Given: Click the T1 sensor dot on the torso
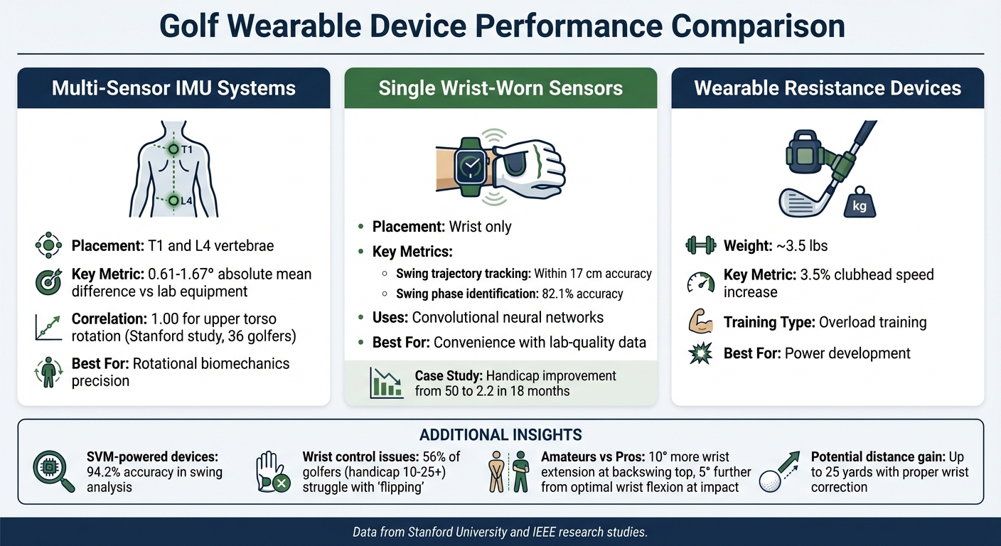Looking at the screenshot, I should coord(172,149).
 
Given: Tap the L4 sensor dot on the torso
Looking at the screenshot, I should coord(172,200).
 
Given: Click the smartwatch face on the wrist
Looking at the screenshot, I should coord(469,165).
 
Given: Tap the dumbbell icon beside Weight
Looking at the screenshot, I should coord(700,246).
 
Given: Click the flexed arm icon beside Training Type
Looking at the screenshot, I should coord(700,322).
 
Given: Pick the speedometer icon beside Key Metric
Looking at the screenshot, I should coord(700,283).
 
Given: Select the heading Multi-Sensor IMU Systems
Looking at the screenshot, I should coord(173,88).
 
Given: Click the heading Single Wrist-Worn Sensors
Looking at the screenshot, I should coord(500,88).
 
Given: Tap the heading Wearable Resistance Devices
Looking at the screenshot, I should coord(828,88).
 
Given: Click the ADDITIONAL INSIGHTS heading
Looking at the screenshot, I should coord(500,434).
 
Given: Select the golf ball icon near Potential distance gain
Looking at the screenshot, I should coord(772,480).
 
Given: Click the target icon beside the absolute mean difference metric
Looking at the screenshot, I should coord(48,283).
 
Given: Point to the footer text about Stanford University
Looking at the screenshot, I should coord(500,532).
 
